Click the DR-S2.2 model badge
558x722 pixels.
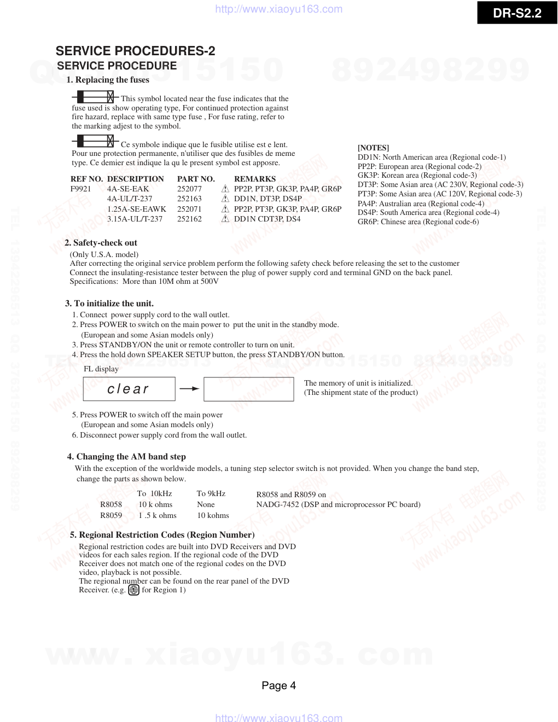[x=517, y=13]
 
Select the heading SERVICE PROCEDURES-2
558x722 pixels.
[x=135, y=51]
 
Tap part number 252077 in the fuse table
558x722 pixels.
[x=189, y=189]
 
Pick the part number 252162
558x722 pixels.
[x=189, y=219]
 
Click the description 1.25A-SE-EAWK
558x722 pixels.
[x=137, y=209]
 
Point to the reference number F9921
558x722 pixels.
[x=81, y=189]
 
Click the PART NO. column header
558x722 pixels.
[x=196, y=179]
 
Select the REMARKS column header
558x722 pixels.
[x=254, y=179]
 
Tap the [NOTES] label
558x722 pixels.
[x=373, y=148]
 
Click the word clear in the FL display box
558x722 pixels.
[x=128, y=389]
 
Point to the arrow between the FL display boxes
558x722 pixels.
[x=189, y=389]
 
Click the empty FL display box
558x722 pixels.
[x=248, y=389]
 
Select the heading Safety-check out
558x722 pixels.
[x=101, y=243]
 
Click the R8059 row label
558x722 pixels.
[x=111, y=515]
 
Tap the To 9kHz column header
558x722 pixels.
[x=211, y=493]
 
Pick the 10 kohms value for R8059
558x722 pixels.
[x=213, y=515]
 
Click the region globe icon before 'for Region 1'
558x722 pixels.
[x=133, y=590]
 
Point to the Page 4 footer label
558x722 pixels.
[x=278, y=685]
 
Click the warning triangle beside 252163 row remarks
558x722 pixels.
[x=225, y=199]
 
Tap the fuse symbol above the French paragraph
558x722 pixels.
[x=95, y=141]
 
